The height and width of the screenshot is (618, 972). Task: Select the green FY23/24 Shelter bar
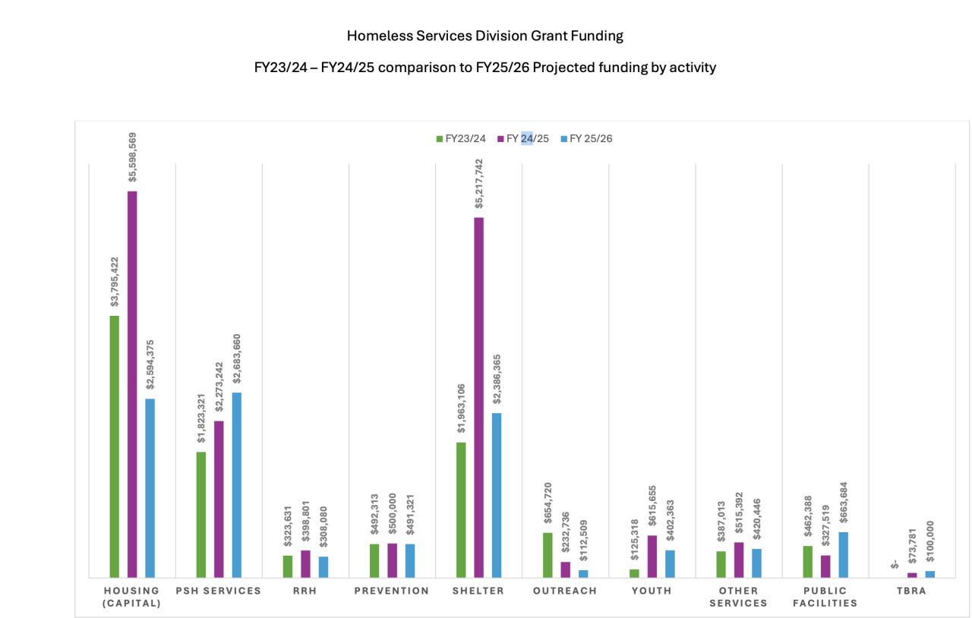pyautogui.click(x=461, y=509)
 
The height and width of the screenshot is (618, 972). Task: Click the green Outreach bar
pyautogui.click(x=548, y=555)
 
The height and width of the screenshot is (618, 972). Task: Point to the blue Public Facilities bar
pyautogui.click(x=844, y=554)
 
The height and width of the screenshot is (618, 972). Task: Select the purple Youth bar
pyautogui.click(x=652, y=556)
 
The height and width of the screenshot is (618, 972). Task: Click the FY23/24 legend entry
pyautogui.click(x=461, y=139)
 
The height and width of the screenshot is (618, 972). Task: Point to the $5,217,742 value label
pyautogui.click(x=479, y=185)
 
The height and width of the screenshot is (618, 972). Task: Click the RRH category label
pyautogui.click(x=305, y=591)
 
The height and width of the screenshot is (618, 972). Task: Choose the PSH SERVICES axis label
pyautogui.click(x=218, y=591)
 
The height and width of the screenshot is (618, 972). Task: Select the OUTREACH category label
pyautogui.click(x=565, y=591)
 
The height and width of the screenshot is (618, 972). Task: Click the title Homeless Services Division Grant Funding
pyautogui.click(x=484, y=36)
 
